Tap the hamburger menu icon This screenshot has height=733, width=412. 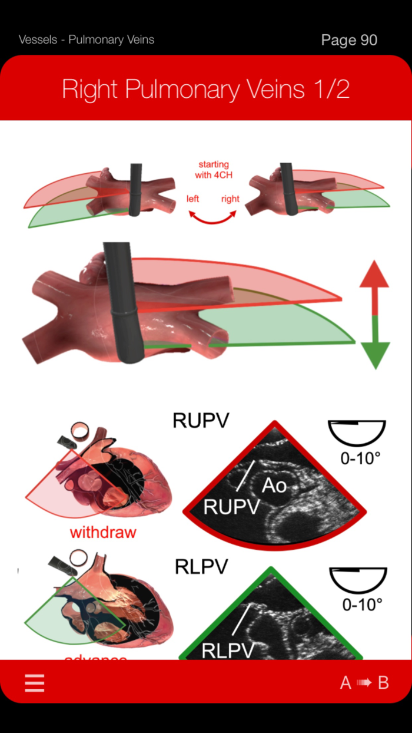click(35, 682)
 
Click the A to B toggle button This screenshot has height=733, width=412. click(364, 682)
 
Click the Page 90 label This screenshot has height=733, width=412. click(349, 40)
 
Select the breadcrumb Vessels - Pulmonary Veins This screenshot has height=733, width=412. click(87, 40)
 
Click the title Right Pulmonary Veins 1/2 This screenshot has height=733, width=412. click(206, 90)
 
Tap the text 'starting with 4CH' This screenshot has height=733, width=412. click(213, 169)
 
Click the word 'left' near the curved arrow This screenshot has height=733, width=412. click(193, 199)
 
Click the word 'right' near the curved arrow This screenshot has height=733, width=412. click(230, 199)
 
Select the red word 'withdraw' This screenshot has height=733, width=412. click(103, 533)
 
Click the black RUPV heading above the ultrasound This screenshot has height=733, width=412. click(201, 421)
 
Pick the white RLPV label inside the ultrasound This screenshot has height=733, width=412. click(228, 651)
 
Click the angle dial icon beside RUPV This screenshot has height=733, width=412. click(357, 433)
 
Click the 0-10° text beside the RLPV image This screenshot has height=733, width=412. click(361, 604)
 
